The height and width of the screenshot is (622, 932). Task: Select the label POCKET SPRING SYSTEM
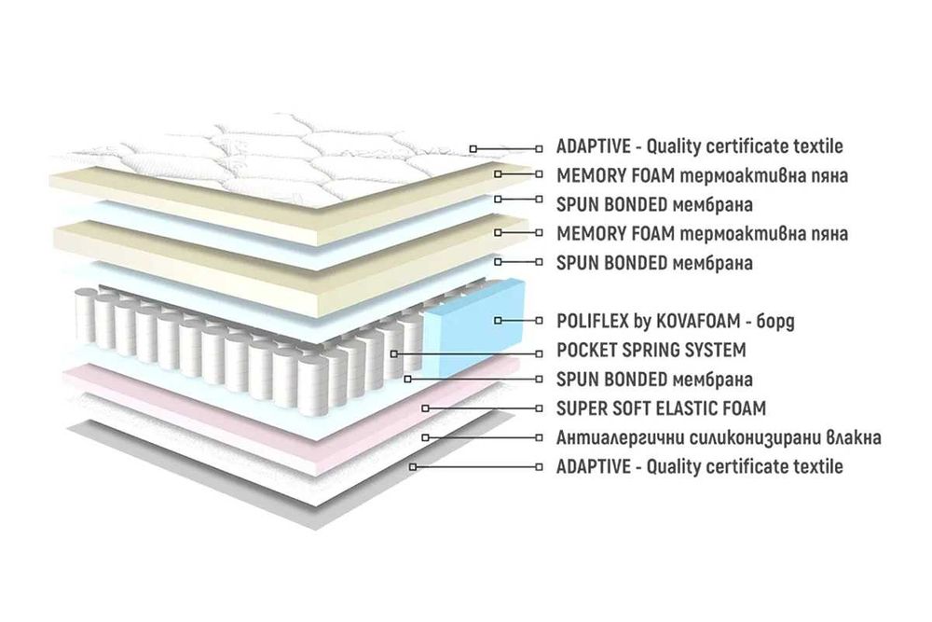coord(651,351)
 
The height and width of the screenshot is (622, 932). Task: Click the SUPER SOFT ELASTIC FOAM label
coord(661,408)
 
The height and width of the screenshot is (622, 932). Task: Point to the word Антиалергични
coord(620,437)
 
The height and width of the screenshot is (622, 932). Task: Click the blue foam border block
coord(475,327)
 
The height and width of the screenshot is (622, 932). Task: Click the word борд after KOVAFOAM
coord(775,322)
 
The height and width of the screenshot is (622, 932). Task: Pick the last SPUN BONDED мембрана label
coord(654,380)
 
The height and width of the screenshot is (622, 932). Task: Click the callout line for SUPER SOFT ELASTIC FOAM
coord(482,408)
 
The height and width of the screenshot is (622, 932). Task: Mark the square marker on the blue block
coord(498,321)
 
